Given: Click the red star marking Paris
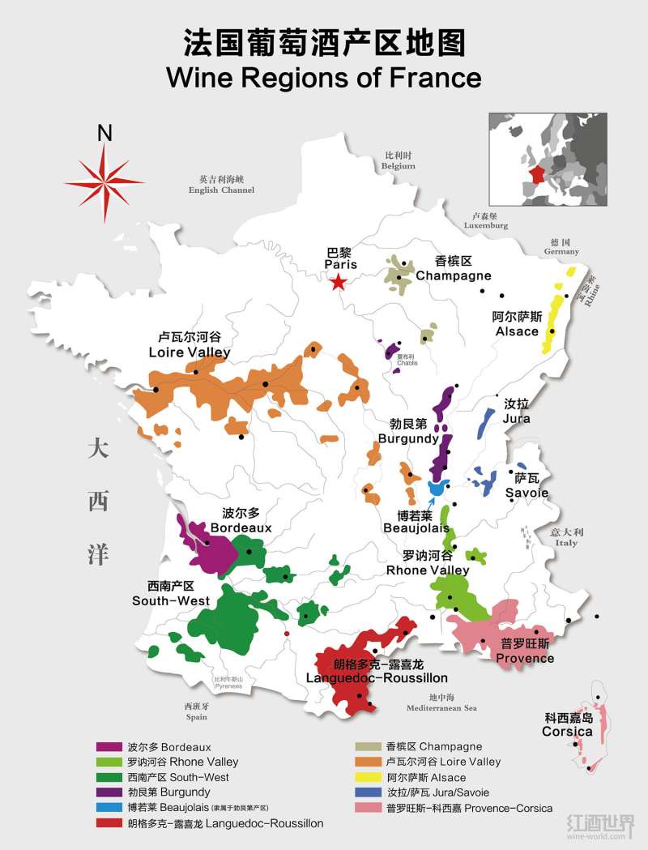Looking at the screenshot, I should pos(339,282).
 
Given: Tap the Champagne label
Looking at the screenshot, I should pos(453,269).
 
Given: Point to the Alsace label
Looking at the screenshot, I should pos(517,324).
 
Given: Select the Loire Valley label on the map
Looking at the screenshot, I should pos(190,345).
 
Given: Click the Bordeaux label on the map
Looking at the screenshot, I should pos(241,521).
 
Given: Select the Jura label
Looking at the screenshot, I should pos(517,411).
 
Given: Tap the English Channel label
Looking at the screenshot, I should pos(220,185).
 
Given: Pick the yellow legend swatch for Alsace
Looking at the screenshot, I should pos(370,778).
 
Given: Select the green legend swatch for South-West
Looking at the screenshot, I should pos(109,778).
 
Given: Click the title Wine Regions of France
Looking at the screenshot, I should pos(323,79).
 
